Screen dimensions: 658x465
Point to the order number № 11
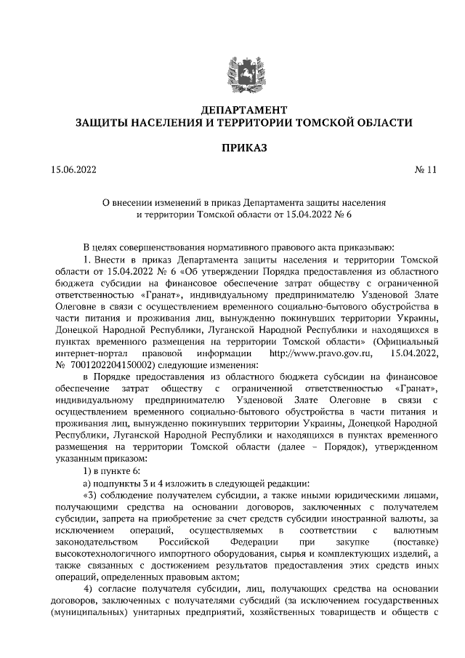pos(426,171)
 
